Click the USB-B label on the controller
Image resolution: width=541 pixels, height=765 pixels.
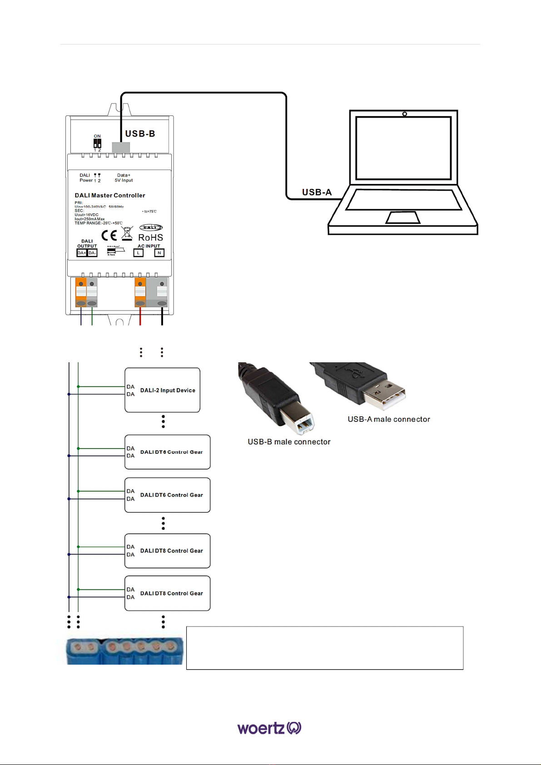tap(140, 133)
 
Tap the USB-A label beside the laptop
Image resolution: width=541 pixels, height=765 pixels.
tap(317, 192)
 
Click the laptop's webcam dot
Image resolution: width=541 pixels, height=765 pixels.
tap(404, 114)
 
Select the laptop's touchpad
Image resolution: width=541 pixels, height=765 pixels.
tap(403, 217)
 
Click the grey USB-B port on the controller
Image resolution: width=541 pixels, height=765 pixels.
tap(121, 147)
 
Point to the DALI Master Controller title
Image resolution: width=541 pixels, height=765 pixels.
tap(110, 195)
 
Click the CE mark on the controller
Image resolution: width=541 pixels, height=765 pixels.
tap(109, 235)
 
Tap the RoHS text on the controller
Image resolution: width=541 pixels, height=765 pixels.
tap(150, 237)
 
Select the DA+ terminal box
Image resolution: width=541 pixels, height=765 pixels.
tap(82, 253)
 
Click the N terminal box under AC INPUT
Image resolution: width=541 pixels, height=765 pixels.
tap(159, 253)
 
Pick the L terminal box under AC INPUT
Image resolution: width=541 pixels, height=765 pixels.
tap(138, 253)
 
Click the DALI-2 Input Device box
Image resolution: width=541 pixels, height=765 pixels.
tap(163, 390)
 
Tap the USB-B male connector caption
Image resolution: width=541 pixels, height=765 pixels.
tap(289, 442)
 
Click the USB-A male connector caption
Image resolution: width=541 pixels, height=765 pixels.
tap(389, 419)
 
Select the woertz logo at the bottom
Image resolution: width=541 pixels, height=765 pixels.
tap(269, 728)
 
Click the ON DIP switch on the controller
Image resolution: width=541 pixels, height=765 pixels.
tap(97, 143)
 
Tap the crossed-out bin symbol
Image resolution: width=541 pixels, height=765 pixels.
tap(127, 233)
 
